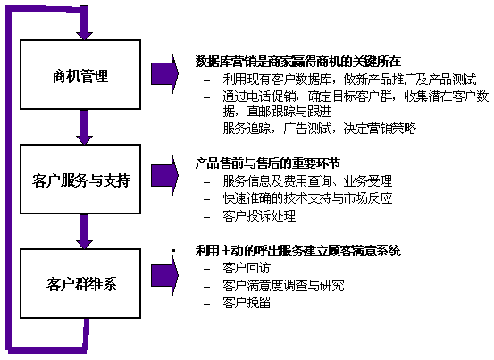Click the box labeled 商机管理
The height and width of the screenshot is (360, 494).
[80, 75]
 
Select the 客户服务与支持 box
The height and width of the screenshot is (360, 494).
[80, 180]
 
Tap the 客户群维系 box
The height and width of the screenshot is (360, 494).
[80, 283]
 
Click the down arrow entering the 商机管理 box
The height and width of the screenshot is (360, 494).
[84, 22]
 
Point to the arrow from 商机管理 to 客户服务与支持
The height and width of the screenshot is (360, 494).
[84, 127]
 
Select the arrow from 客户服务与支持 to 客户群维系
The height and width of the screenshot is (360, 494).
[84, 231]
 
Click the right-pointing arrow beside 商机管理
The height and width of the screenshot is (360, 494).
[164, 74]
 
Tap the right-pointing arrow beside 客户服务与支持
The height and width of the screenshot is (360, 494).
[164, 175]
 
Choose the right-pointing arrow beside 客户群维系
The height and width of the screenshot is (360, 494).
[164, 276]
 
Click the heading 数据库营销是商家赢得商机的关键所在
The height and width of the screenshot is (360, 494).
[298, 62]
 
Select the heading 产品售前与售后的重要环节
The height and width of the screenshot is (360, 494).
[268, 163]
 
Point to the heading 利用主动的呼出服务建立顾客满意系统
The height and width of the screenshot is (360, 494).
[298, 251]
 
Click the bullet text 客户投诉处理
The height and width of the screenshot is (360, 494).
[259, 216]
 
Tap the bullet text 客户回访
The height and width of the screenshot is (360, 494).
[247, 268]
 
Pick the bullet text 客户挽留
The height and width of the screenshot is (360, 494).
[247, 303]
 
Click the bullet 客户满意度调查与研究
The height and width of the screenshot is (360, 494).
[283, 285]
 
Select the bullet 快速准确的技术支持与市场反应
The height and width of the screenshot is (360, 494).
[307, 198]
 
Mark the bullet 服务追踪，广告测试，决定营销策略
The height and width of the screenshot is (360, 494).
[320, 129]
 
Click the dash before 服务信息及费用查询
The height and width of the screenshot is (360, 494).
[206, 182]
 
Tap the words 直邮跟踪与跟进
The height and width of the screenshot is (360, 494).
[289, 111]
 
